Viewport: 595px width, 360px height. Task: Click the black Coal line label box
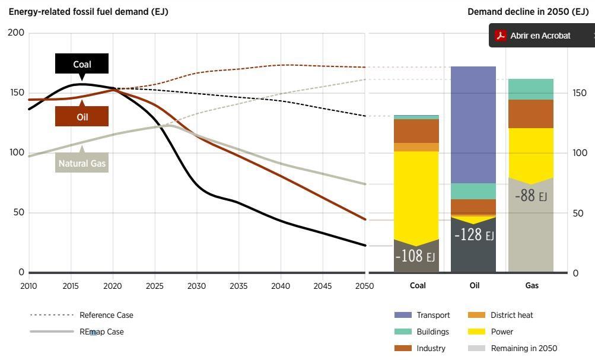pos(82,64)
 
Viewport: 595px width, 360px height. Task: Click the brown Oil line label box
pos(82,117)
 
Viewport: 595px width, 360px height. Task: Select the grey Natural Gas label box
pos(82,163)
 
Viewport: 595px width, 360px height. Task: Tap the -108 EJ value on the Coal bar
pos(415,256)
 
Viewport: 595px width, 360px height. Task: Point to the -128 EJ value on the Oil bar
pos(473,235)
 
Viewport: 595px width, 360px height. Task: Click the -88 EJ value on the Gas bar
pos(530,196)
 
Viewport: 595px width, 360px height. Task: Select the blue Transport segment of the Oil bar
pos(473,125)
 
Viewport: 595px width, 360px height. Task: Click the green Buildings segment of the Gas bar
pos(530,89)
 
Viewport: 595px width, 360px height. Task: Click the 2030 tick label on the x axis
pos(196,286)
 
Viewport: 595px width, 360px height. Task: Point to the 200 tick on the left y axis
pos(17,33)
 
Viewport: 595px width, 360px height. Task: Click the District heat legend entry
pos(511,316)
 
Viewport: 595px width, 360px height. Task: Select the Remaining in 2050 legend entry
pos(523,349)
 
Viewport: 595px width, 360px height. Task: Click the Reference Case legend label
pos(106,316)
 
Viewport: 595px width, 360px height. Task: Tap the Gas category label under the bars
pos(532,286)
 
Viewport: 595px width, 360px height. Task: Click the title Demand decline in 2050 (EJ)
pos(527,12)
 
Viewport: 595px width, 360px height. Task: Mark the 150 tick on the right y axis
pos(580,93)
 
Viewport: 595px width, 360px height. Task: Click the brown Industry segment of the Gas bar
pos(530,114)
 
